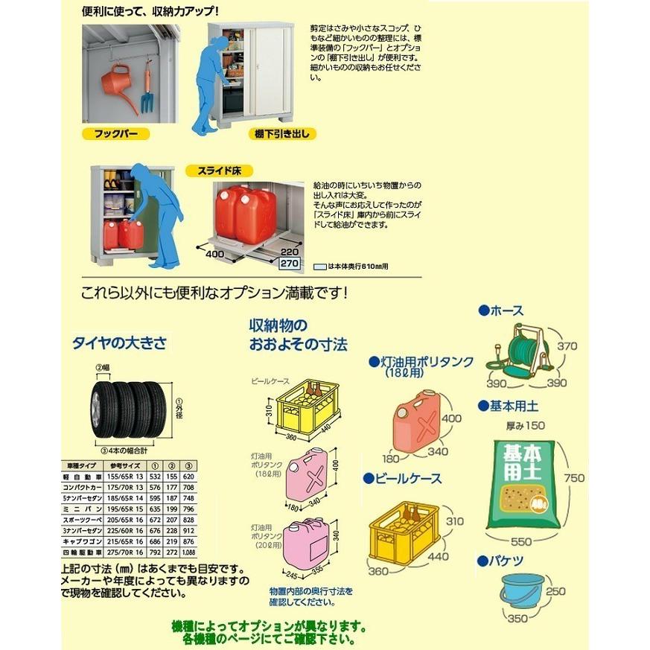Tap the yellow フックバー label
tap(115, 134)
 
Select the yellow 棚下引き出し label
tap(278, 134)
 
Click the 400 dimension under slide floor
tap(216, 255)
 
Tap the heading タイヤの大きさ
tap(118, 343)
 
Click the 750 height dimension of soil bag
tap(574, 477)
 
